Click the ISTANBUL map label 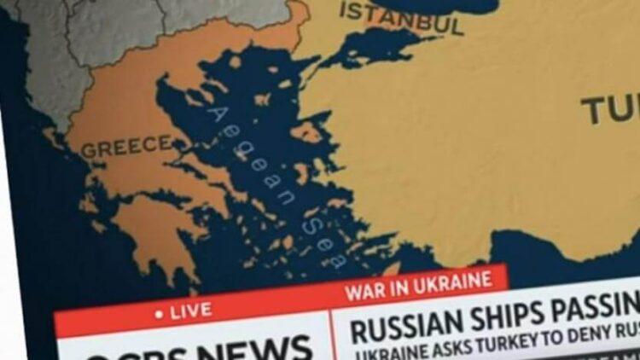click(402, 18)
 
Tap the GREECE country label click(125, 147)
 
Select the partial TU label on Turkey click(610, 109)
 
